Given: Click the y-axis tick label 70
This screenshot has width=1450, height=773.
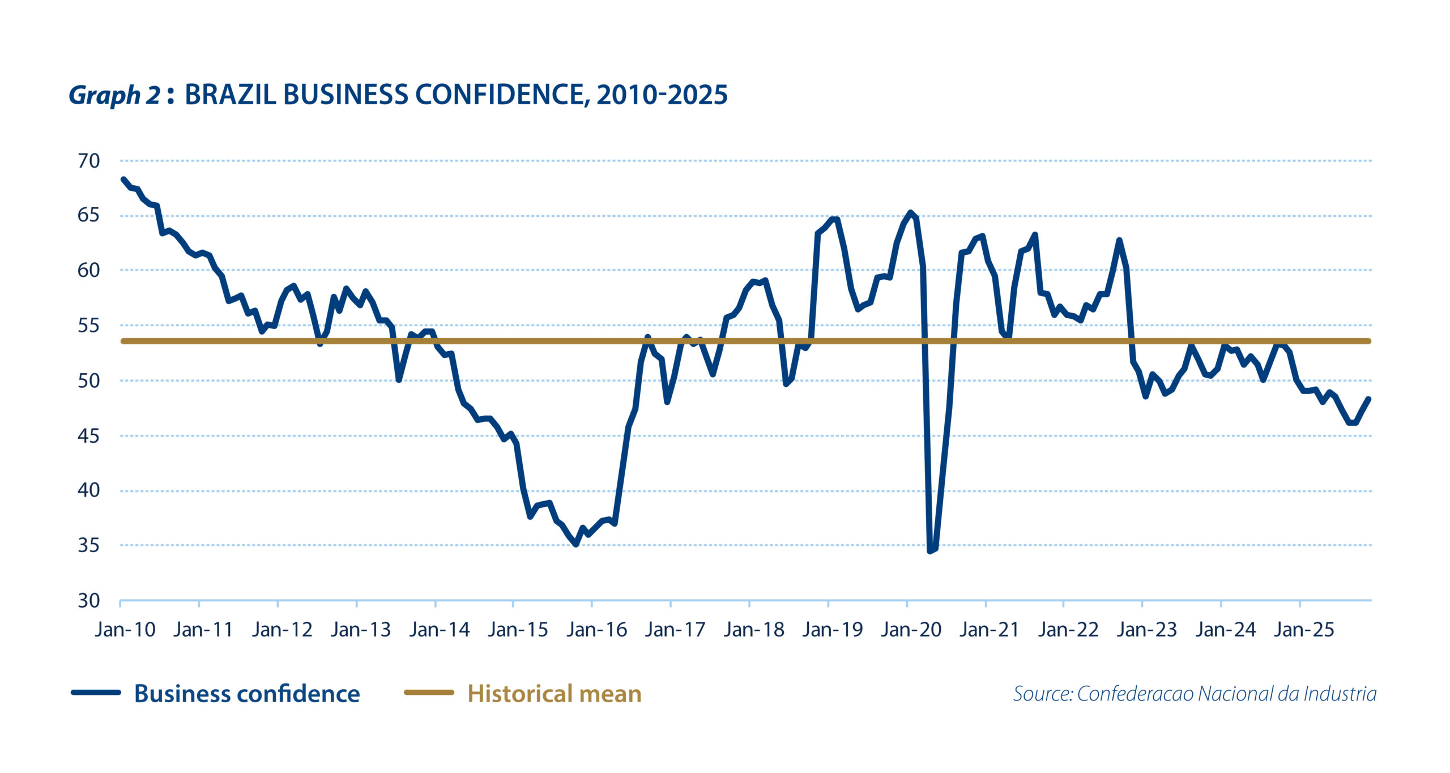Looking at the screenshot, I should pyautogui.click(x=88, y=161).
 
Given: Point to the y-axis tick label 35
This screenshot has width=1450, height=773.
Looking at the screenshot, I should pyautogui.click(x=88, y=545).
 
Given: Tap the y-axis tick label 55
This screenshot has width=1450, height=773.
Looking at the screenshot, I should pyautogui.click(x=88, y=326).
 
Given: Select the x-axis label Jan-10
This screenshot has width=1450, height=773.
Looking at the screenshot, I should pyautogui.click(x=125, y=630).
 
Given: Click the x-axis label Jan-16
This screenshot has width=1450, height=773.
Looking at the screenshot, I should pyautogui.click(x=597, y=630).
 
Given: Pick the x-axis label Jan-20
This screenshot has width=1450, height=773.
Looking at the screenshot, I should pyautogui.click(x=911, y=630).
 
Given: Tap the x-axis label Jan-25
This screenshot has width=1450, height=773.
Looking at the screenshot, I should pyautogui.click(x=1304, y=630).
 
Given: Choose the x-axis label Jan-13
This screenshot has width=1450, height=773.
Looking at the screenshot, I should pyautogui.click(x=361, y=630).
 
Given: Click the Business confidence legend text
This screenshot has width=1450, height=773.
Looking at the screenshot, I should pyautogui.click(x=247, y=694).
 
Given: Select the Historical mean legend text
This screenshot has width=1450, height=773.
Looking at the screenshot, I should pyautogui.click(x=555, y=694).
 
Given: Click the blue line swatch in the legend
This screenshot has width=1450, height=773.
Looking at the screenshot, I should pyautogui.click(x=96, y=692).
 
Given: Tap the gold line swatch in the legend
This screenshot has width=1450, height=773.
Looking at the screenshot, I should pyautogui.click(x=429, y=692).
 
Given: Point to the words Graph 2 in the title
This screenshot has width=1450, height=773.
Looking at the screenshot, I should pyautogui.click(x=114, y=95).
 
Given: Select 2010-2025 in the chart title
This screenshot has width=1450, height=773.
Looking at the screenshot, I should pyautogui.click(x=662, y=95).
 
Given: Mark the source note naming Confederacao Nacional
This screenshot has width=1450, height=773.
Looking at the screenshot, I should pyautogui.click(x=1195, y=694).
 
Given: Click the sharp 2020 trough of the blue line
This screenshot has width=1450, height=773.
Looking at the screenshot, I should pyautogui.click(x=930, y=550).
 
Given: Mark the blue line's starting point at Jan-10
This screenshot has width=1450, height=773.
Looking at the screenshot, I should pyautogui.click(x=123, y=180).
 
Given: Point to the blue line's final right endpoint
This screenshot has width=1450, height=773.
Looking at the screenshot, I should pyautogui.click(x=1368, y=399).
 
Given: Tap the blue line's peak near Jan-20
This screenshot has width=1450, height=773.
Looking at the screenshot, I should pyautogui.click(x=910, y=213).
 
